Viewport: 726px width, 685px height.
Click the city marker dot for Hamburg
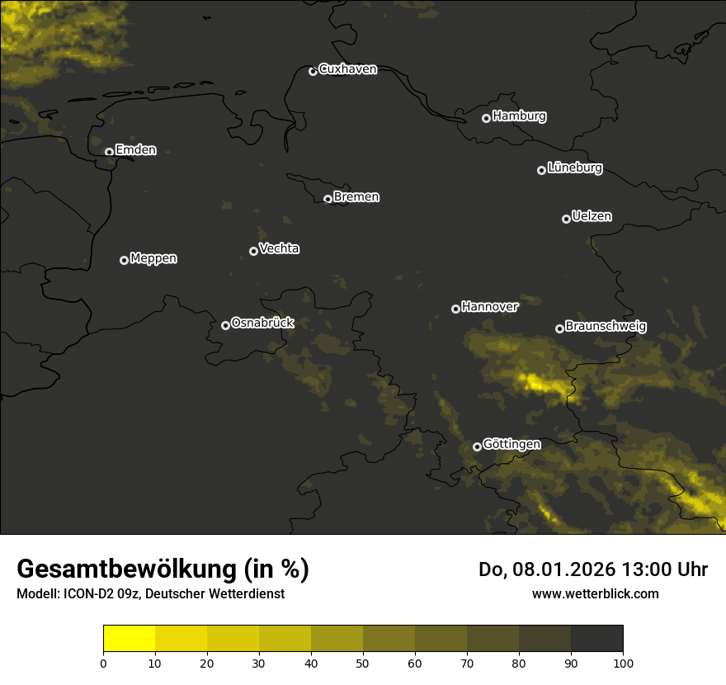pyautogui.click(x=487, y=118)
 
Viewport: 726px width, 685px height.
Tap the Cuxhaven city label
pyautogui.click(x=347, y=69)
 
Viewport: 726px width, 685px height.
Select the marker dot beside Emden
pyautogui.click(x=109, y=152)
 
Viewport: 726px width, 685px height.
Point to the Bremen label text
pyautogui.click(x=356, y=197)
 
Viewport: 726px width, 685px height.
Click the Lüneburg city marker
pyautogui.click(x=541, y=170)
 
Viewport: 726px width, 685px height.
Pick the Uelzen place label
pyautogui.click(x=592, y=216)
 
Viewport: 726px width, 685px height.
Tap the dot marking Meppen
pyautogui.click(x=124, y=260)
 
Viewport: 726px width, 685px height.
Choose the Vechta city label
pyautogui.click(x=279, y=248)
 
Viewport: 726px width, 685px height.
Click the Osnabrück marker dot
pyautogui.click(x=225, y=325)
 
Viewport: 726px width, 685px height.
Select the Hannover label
pyautogui.click(x=490, y=307)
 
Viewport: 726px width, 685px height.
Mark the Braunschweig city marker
pyautogui.click(x=559, y=328)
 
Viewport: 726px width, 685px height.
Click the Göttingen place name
pyautogui.click(x=511, y=444)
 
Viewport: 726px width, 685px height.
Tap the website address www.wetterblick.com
pyautogui.click(x=595, y=593)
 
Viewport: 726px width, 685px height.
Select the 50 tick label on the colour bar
pyautogui.click(x=363, y=663)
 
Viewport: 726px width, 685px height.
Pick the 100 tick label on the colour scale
pyautogui.click(x=623, y=663)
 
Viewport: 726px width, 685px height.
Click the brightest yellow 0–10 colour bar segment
pyautogui.click(x=130, y=639)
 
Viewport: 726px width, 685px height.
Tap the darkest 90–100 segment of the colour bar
pyautogui.click(x=596, y=639)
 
